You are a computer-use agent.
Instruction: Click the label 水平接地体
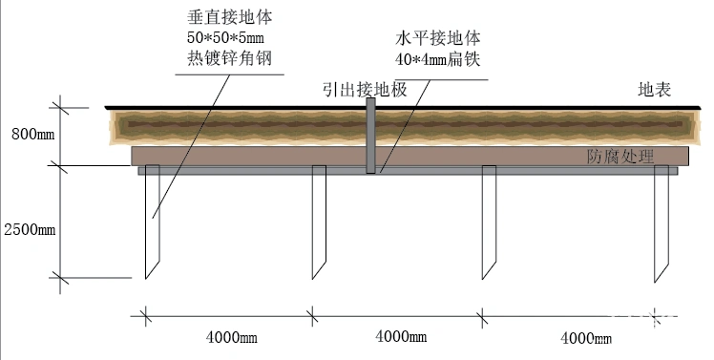[x=436, y=39]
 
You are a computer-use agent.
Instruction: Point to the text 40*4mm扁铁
[x=436, y=59]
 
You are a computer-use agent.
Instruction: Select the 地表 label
[x=656, y=91]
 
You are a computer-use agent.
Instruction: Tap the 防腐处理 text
[x=619, y=157]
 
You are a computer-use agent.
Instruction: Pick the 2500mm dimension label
[x=30, y=230]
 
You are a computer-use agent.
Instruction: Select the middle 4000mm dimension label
[x=401, y=336]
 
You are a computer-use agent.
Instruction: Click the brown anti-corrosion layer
[x=286, y=156]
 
